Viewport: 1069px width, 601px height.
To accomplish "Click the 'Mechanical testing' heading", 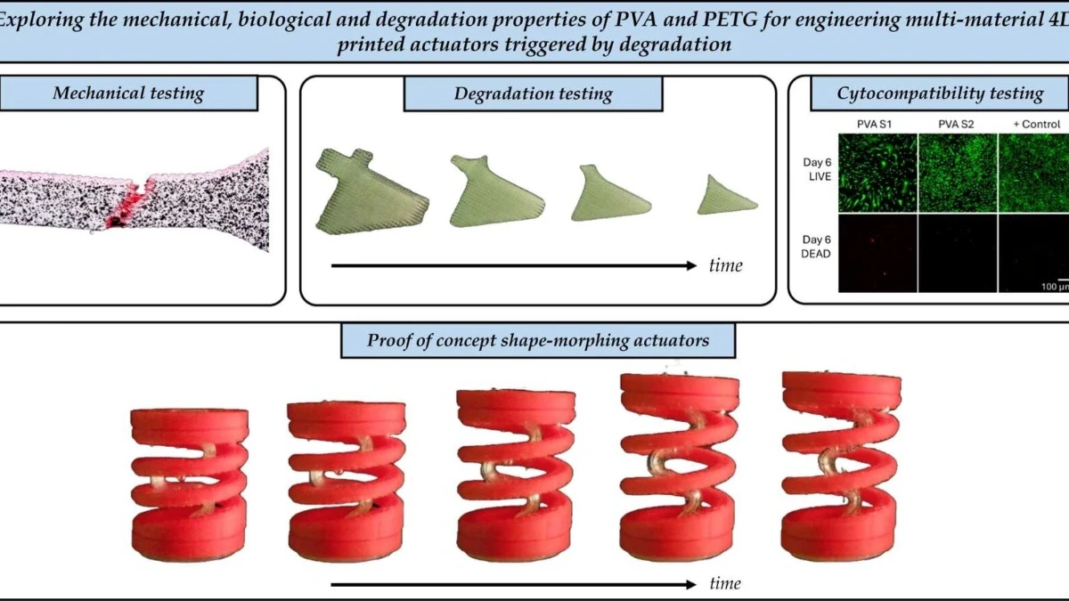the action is click(128, 93).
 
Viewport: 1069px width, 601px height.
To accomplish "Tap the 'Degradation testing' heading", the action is click(533, 93).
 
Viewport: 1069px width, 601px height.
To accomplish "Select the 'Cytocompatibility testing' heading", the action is click(940, 93).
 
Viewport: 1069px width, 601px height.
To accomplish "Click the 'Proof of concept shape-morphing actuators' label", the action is click(538, 340).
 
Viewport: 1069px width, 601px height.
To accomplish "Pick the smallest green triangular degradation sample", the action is click(726, 196).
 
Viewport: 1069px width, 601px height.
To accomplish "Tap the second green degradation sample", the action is click(496, 191).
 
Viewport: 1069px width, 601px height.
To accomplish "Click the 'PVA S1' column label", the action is click(874, 125).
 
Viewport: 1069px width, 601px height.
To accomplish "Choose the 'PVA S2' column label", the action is click(956, 125).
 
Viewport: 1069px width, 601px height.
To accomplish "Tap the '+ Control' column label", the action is click(1037, 125).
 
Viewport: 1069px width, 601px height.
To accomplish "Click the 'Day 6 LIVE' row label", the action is click(817, 169).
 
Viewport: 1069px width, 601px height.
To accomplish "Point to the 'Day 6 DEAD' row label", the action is click(816, 247).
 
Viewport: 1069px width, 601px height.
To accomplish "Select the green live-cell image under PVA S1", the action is click(877, 173).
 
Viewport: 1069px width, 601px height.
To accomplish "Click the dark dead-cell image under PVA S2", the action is click(958, 253).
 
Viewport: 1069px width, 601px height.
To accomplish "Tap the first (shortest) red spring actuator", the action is click(190, 483).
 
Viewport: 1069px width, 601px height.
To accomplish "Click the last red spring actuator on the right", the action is click(841, 466).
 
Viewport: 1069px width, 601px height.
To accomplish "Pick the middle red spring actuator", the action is click(516, 475).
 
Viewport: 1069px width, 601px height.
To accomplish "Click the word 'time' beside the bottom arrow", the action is click(725, 583).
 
